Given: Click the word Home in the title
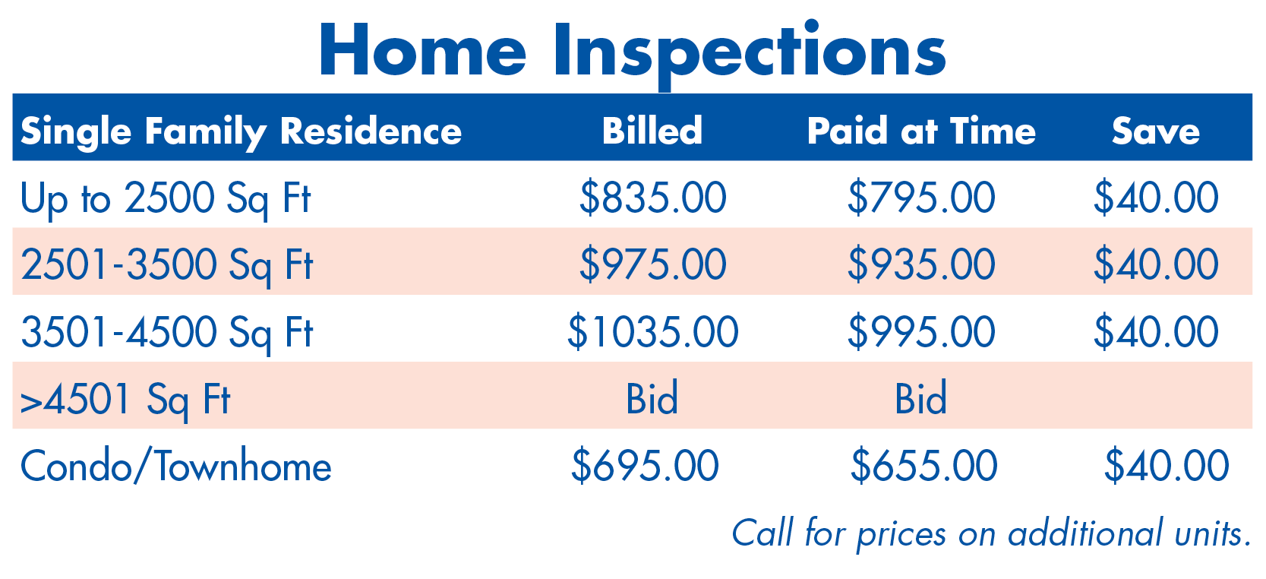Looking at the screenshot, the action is pyautogui.click(x=423, y=49).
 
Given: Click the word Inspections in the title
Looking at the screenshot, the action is pyautogui.click(x=750, y=54).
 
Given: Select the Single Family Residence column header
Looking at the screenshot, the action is pyautogui.click(x=241, y=132).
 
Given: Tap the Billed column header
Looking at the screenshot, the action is pyautogui.click(x=652, y=131).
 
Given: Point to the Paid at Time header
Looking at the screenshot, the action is pyautogui.click(x=921, y=131).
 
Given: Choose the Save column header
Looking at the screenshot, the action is pyautogui.click(x=1156, y=131).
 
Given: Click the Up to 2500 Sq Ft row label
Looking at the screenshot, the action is pyautogui.click(x=166, y=200).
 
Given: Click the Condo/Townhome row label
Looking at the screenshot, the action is pyautogui.click(x=175, y=466).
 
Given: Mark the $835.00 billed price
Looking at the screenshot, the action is pyautogui.click(x=653, y=198).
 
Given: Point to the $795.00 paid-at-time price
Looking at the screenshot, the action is pyautogui.click(x=921, y=198).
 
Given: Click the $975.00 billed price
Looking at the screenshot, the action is pyautogui.click(x=653, y=264).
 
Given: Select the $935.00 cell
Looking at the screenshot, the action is pyautogui.click(x=921, y=264).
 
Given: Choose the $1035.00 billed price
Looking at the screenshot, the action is pyautogui.click(x=653, y=332).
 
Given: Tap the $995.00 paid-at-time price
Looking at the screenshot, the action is pyautogui.click(x=921, y=332).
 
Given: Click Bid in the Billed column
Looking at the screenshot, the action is pyautogui.click(x=652, y=398).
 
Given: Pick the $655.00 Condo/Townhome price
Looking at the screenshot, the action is pyautogui.click(x=924, y=466).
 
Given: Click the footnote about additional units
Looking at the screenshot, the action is pyautogui.click(x=992, y=533).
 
